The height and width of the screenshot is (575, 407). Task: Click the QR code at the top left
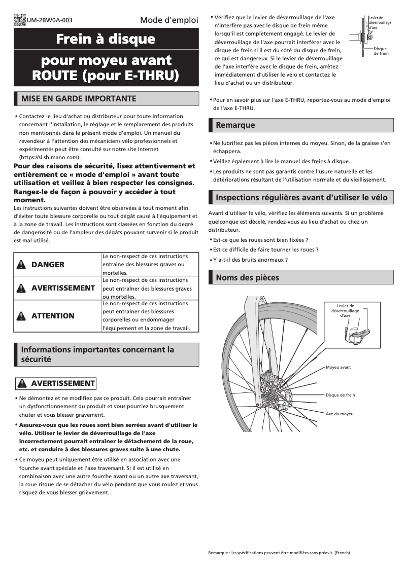pyautogui.click(x=19, y=20)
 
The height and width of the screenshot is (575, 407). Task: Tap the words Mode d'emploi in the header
pyautogui.click(x=168, y=21)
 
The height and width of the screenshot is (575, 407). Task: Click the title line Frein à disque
pyautogui.click(x=106, y=39)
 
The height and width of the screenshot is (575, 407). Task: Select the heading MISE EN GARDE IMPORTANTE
pyautogui.click(x=78, y=98)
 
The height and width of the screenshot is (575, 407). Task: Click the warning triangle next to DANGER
pyautogui.click(x=21, y=265)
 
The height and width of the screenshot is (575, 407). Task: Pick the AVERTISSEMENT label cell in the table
pyautogui.click(x=57, y=288)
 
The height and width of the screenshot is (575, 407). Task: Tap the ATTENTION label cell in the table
pyautogui.click(x=57, y=316)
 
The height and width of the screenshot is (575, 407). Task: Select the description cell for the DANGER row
pyautogui.click(x=150, y=265)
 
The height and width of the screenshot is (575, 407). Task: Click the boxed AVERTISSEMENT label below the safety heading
pyautogui.click(x=56, y=383)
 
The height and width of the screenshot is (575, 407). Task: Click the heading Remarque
pyautogui.click(x=235, y=125)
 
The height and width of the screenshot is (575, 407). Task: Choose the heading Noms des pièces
pyautogui.click(x=247, y=277)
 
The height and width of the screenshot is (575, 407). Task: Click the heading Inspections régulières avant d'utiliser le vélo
pyautogui.click(x=301, y=197)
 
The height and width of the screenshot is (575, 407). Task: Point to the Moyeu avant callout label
pyautogui.click(x=338, y=367)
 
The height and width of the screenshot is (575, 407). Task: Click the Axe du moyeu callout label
pyautogui.click(x=340, y=414)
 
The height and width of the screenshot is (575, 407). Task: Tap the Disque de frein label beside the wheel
pyautogui.click(x=340, y=395)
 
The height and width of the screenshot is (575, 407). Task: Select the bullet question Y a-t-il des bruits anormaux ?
pyautogui.click(x=250, y=260)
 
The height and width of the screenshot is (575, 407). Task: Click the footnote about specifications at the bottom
pyautogui.click(x=279, y=552)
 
